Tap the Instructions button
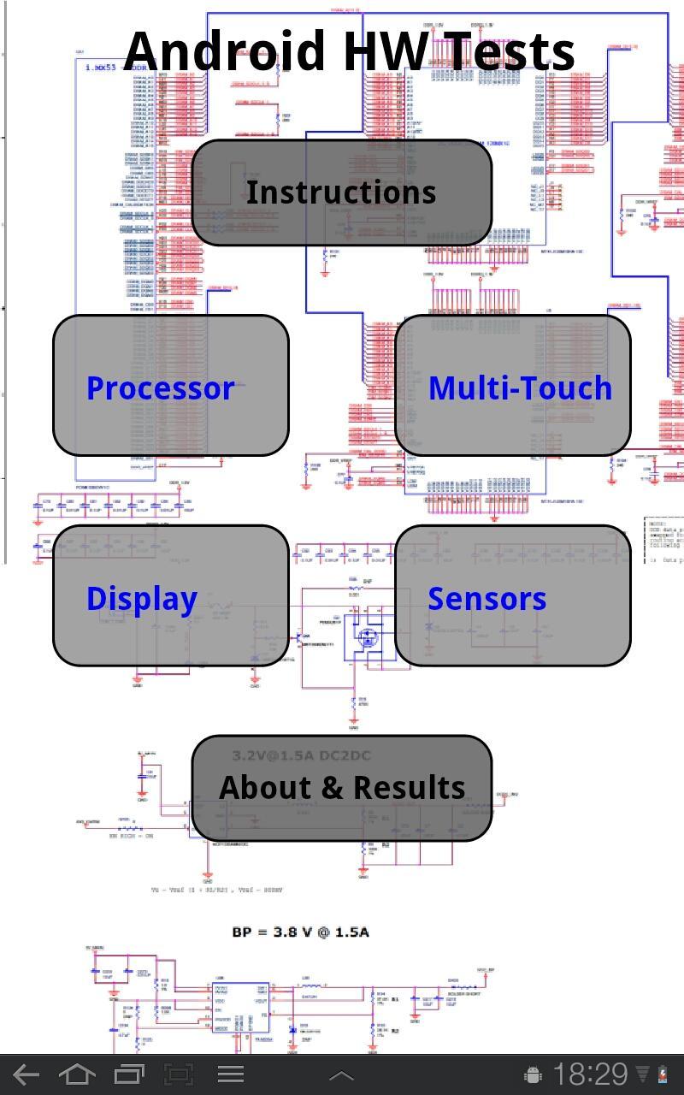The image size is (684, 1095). [x=341, y=192]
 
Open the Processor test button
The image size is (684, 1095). [x=171, y=386]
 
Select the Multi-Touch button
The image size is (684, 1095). [x=513, y=386]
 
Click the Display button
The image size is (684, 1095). [x=171, y=596]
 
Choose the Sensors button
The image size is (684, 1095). [x=513, y=596]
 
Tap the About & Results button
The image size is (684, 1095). [x=341, y=788]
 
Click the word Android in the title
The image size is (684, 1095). [x=227, y=51]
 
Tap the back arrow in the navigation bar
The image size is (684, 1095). [x=26, y=1074]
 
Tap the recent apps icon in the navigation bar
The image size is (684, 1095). [x=129, y=1074]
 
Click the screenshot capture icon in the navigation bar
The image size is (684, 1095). [x=179, y=1074]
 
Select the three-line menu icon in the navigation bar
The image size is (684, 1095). [x=230, y=1074]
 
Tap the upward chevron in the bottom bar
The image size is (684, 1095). [x=341, y=1075]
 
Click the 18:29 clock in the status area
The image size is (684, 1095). [x=590, y=1074]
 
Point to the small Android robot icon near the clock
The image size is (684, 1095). [x=533, y=1074]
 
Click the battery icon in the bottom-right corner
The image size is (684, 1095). [x=662, y=1074]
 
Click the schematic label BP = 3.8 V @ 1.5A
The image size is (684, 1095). [x=300, y=932]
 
